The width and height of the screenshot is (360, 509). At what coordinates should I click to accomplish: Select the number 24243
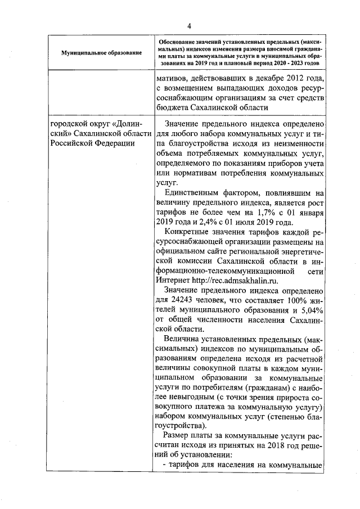tap(184, 300)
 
